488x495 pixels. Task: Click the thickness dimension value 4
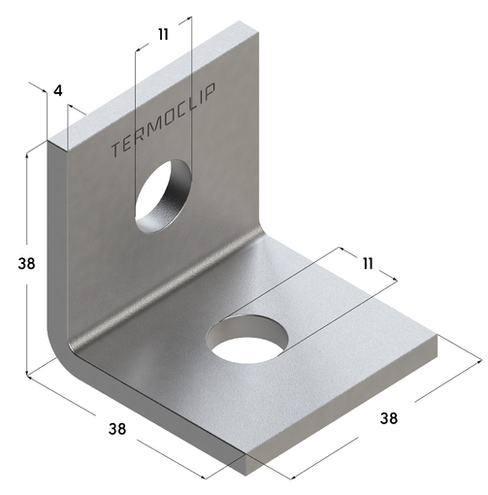(x=58, y=91)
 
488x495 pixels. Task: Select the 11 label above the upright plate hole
(x=162, y=34)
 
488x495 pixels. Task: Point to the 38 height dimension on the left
(x=16, y=263)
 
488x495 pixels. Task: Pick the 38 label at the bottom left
(x=117, y=428)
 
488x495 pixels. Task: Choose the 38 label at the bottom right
(x=388, y=418)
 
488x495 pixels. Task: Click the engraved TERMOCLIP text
(x=164, y=120)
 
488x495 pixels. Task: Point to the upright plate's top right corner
(x=260, y=32)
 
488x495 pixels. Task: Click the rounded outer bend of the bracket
(x=60, y=345)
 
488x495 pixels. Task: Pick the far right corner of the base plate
(x=440, y=340)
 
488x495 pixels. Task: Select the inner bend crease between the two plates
(x=175, y=291)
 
